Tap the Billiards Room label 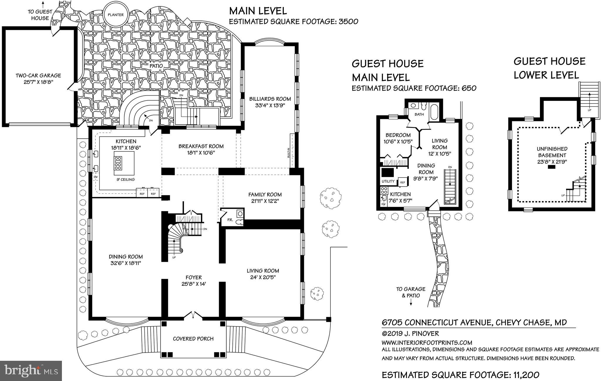point(270,99)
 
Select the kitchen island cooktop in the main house point(118,163)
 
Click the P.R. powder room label point(230,220)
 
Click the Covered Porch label point(193,339)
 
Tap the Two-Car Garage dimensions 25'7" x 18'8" point(38,82)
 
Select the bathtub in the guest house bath point(433,112)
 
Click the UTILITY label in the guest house point(388,181)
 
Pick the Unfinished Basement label point(552,152)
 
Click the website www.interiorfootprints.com point(427,343)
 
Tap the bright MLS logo point(31,371)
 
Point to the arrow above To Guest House point(43,4)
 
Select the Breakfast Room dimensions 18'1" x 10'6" point(201,153)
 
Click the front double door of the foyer point(193,315)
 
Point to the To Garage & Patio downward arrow point(411,304)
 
